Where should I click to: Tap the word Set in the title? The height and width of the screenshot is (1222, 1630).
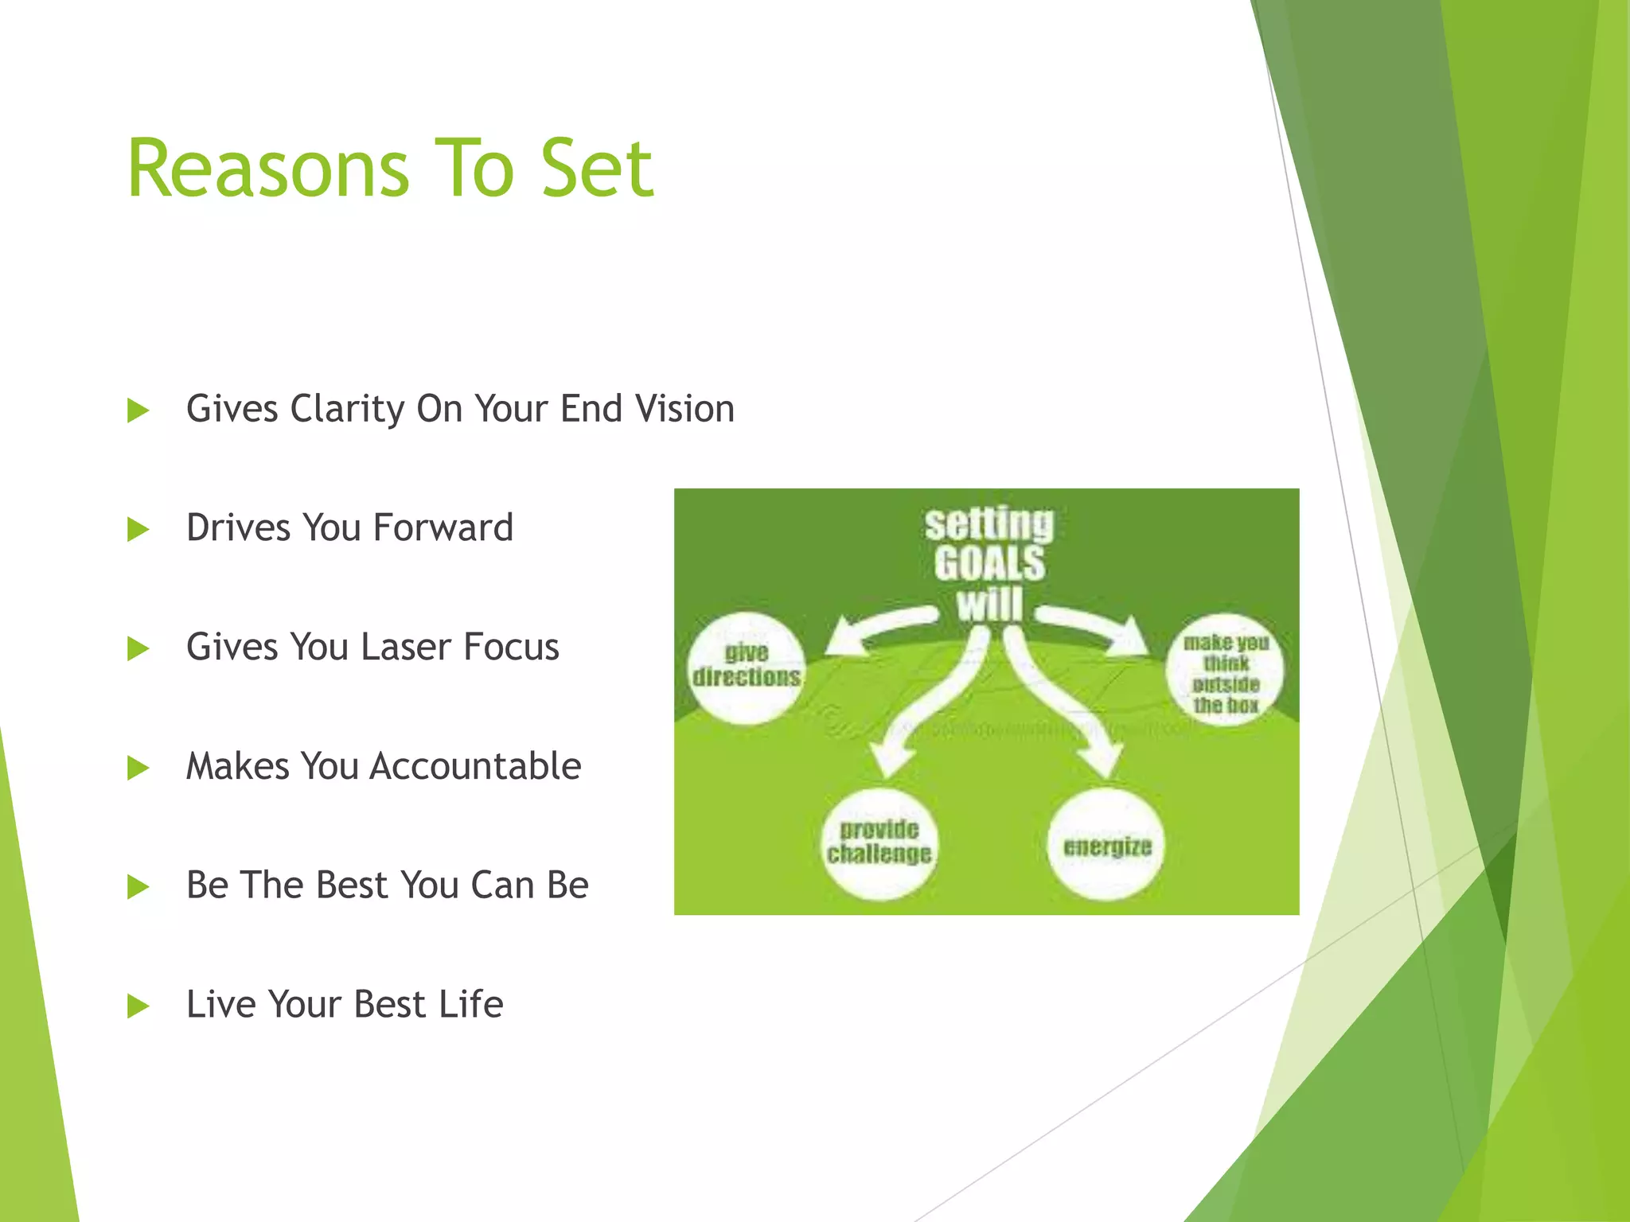click(x=597, y=169)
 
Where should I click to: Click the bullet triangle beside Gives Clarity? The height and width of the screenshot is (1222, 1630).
click(x=138, y=411)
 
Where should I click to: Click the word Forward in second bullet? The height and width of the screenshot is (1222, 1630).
click(x=443, y=528)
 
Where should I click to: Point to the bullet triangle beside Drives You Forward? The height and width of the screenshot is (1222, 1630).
click(x=138, y=530)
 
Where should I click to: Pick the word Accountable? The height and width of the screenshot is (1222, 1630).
click(x=475, y=766)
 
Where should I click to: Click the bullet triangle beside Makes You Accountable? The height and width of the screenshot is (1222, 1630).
click(x=138, y=769)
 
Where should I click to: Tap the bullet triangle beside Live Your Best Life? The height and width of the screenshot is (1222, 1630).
click(x=138, y=1007)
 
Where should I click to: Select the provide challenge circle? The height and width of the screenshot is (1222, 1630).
click(x=879, y=843)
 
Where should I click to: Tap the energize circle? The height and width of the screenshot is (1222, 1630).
click(x=1106, y=845)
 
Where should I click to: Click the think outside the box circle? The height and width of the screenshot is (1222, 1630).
click(x=1225, y=670)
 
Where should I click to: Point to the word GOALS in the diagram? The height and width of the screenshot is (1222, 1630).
click(x=989, y=563)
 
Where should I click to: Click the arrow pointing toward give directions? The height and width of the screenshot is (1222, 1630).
click(x=875, y=629)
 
